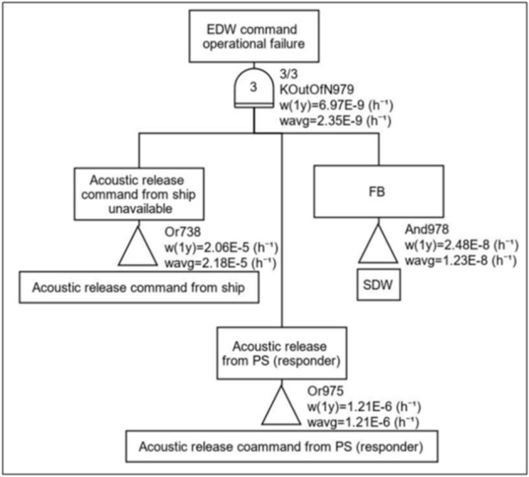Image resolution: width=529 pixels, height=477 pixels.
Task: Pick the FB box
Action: click(x=377, y=190)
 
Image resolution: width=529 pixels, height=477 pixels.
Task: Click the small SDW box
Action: click(x=377, y=285)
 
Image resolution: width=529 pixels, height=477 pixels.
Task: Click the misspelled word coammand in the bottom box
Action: click(x=269, y=445)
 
